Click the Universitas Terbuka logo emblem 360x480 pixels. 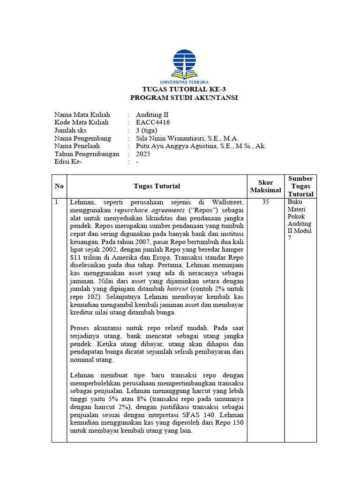184,63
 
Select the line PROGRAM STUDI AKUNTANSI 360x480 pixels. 184,97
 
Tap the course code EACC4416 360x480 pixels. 153,122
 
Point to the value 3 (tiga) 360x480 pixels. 147,130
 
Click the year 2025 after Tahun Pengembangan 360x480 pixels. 143,154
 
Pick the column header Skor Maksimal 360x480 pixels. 265,186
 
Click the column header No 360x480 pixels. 59,186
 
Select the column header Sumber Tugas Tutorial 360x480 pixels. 300,186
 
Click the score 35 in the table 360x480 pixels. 266,202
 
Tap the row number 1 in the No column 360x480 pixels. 57,202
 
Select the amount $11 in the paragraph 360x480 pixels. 75,258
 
